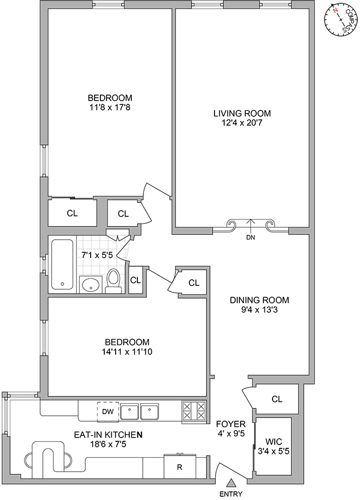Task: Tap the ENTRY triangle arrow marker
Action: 231,483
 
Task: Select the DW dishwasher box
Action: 108,411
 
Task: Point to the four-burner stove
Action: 194,411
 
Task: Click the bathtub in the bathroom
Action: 62,264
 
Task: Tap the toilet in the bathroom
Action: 113,281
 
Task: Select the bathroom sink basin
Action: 91,284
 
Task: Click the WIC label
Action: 274,442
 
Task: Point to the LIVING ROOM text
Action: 242,113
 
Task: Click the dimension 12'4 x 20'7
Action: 242,122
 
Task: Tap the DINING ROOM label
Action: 260,300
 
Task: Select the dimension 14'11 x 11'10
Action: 127,352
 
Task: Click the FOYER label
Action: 231,424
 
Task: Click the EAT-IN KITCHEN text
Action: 108,434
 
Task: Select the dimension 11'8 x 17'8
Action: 110,108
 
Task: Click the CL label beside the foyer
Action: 277,399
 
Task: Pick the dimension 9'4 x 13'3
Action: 260,309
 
